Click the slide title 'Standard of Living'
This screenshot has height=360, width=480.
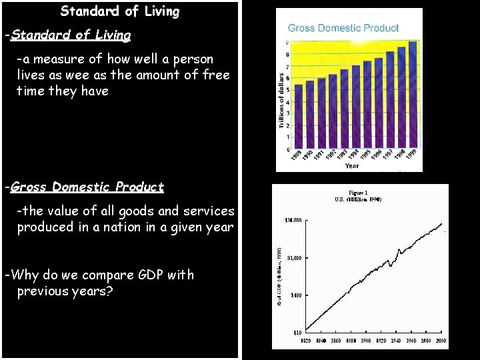pyautogui.click(x=120, y=11)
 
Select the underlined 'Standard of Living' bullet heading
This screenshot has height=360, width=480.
pyautogui.click(x=71, y=35)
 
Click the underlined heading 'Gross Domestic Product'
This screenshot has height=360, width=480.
pyautogui.click(x=87, y=187)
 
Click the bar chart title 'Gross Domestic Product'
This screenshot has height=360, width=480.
pyautogui.click(x=343, y=28)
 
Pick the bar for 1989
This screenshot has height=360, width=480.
pyautogui.click(x=298, y=117)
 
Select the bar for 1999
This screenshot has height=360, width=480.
pyautogui.click(x=413, y=95)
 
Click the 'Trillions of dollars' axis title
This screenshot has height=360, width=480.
pyautogui.click(x=282, y=103)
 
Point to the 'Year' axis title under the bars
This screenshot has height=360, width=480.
pyautogui.click(x=352, y=166)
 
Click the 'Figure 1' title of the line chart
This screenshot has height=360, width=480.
pyautogui.click(x=358, y=191)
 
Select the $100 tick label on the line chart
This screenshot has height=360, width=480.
pyautogui.click(x=295, y=295)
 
